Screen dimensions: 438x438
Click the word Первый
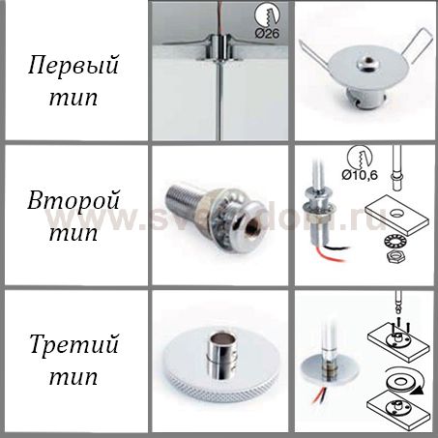pyautogui.click(x=73, y=65)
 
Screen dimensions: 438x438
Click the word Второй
pyautogui.click(x=73, y=200)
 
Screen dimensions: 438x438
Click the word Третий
pyautogui.click(x=73, y=344)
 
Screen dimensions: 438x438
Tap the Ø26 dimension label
pyautogui.click(x=267, y=33)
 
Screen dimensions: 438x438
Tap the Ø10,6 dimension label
pyautogui.click(x=360, y=175)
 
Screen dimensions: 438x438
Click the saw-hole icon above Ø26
pyautogui.click(x=267, y=15)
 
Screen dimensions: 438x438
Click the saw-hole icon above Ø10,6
pyautogui.click(x=360, y=158)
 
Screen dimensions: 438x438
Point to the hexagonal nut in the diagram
pyautogui.click(x=395, y=256)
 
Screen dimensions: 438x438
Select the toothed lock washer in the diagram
pyautogui.click(x=395, y=241)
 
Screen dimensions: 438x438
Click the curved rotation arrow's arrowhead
pyautogui.click(x=419, y=391)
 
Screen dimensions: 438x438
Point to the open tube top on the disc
pyautogui.click(x=221, y=339)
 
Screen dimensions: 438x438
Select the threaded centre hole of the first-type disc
pyautogui.click(x=366, y=60)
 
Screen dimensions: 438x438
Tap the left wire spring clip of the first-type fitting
pyautogui.click(x=317, y=56)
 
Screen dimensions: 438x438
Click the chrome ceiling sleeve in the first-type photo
pyautogui.click(x=219, y=47)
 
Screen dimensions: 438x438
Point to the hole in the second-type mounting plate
pyautogui.click(x=396, y=213)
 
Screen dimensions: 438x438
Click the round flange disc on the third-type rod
pyautogui.click(x=330, y=368)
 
